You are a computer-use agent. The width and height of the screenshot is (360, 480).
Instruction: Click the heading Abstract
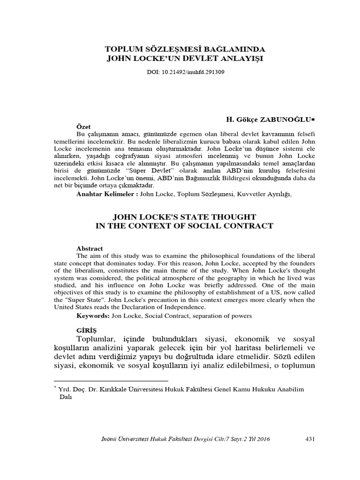[90, 248]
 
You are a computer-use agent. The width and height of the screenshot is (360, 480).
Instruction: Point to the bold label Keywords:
[92, 315]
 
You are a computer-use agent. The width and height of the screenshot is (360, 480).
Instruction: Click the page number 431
[309, 439]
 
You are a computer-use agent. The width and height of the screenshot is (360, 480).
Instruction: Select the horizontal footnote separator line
[111, 381]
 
